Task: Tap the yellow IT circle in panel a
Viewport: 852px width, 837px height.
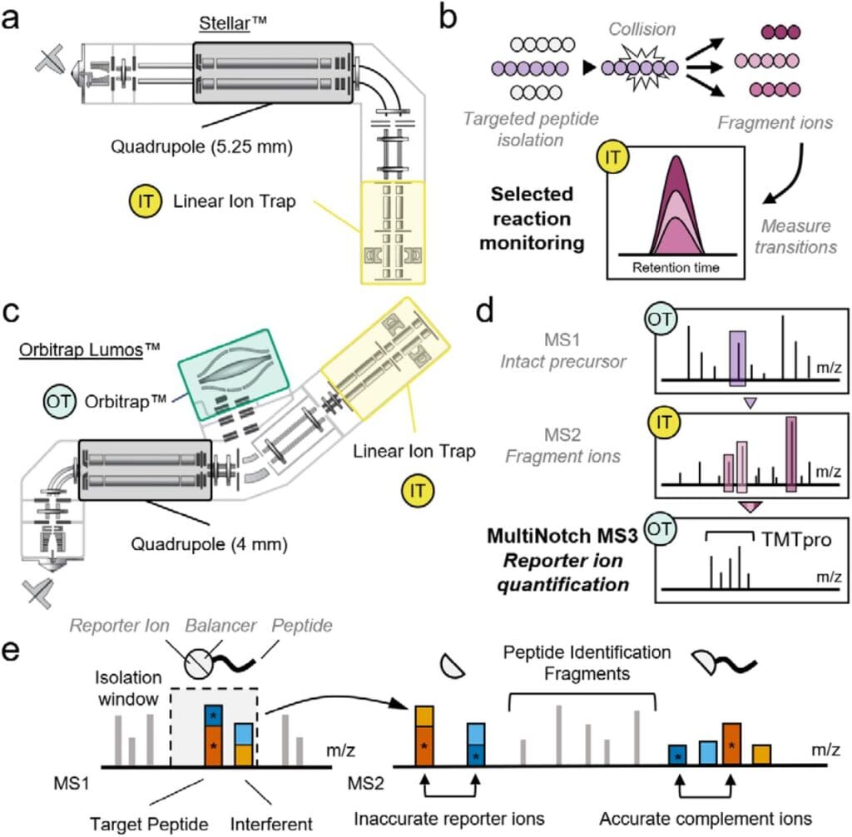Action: (x=141, y=201)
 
